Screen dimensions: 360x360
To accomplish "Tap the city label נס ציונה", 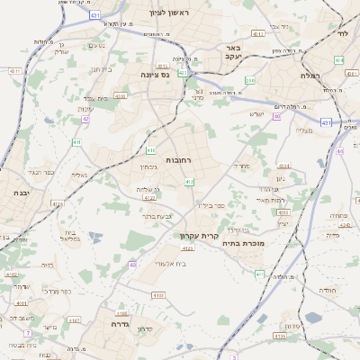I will click(157, 76).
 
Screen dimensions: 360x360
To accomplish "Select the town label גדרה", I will click(121, 323).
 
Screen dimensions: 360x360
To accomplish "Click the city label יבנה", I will click(20, 193).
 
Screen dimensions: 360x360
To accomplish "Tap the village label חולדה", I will click(327, 291).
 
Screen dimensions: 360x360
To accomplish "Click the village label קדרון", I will click(144, 329).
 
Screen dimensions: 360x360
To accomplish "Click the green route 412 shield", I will click(189, 183).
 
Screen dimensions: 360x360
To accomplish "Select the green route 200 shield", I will click(249, 81).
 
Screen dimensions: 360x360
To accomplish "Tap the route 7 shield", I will click(28, 333).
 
